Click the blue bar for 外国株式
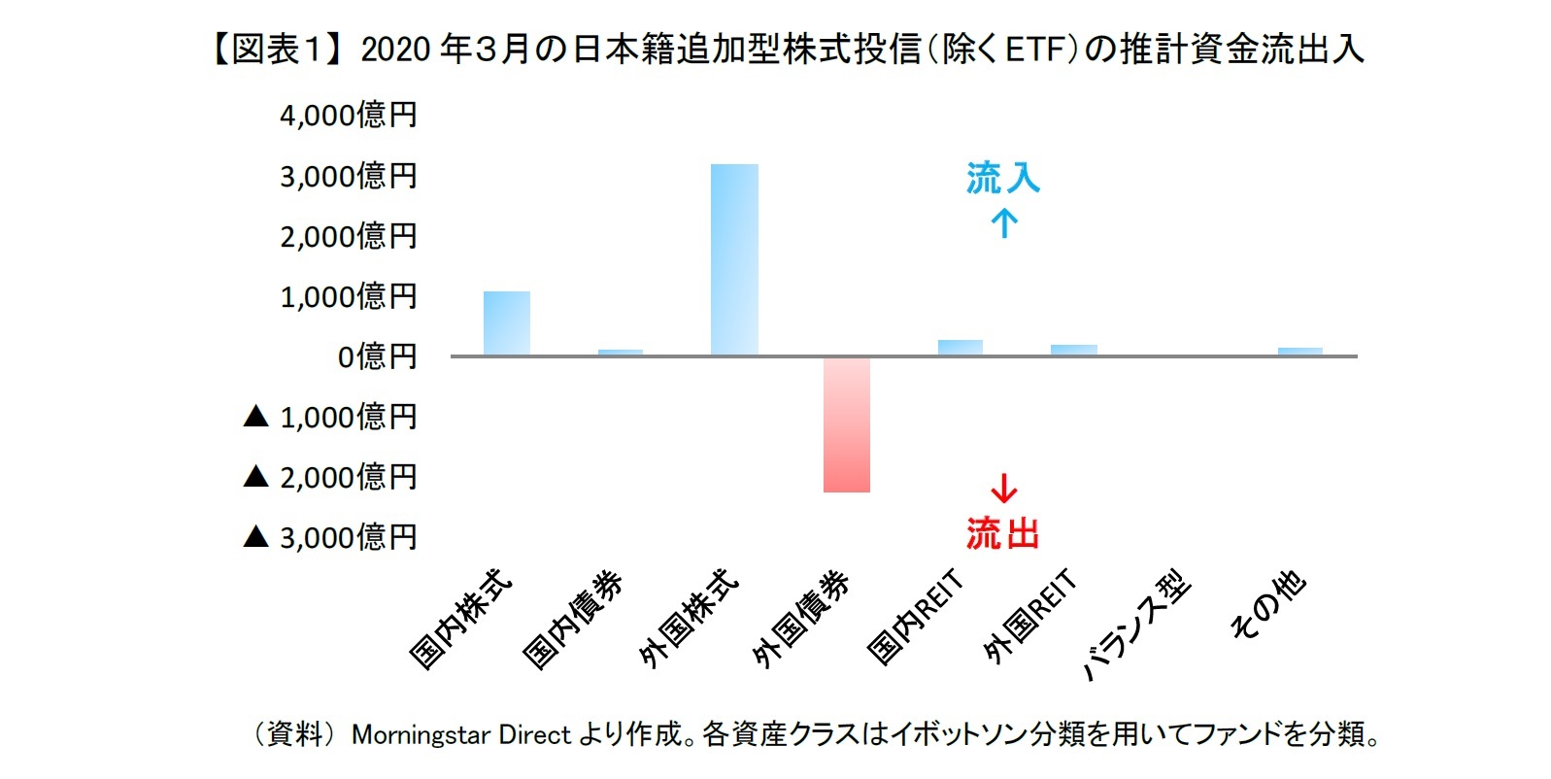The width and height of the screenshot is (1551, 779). (x=734, y=259)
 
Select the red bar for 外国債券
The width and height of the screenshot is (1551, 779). (x=847, y=424)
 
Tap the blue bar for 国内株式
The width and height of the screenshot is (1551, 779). (x=507, y=323)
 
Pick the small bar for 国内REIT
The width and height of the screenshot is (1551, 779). (x=961, y=348)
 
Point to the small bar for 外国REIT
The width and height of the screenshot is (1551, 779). (x=1074, y=350)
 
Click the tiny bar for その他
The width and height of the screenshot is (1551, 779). (x=1300, y=352)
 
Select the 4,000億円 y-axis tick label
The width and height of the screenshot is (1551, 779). (x=348, y=116)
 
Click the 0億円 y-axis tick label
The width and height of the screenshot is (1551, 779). (x=377, y=356)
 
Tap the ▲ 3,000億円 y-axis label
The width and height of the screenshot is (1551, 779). (x=330, y=537)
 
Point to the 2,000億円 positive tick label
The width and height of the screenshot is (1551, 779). (x=348, y=236)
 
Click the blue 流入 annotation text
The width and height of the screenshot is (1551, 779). (x=1002, y=178)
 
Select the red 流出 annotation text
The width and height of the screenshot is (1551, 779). (x=1002, y=533)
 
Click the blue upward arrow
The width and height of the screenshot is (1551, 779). (x=1004, y=224)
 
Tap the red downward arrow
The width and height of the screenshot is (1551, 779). (x=1003, y=488)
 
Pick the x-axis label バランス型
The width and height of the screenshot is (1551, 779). (x=1136, y=625)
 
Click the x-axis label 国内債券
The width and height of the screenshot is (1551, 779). (x=573, y=620)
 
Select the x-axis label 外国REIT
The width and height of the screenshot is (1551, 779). (x=1029, y=617)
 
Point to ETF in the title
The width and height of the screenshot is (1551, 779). (x=1036, y=49)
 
